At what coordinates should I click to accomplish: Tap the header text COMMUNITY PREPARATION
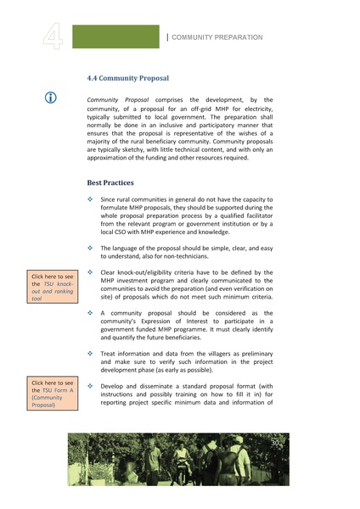[x=217, y=37]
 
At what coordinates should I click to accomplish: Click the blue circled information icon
[x=51, y=98]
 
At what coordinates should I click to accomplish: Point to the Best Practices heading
[x=110, y=182]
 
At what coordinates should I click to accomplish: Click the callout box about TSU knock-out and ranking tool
[x=53, y=287]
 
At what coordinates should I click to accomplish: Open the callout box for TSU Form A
[x=53, y=394]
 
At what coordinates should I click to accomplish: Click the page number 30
[x=274, y=444]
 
